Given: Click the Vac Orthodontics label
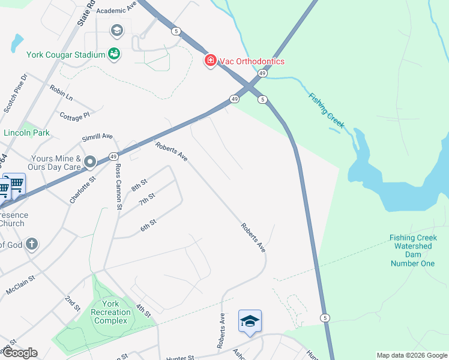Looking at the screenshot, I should (252, 61).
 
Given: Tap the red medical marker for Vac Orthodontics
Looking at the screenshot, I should (210, 61).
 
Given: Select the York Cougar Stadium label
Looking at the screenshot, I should (66, 55).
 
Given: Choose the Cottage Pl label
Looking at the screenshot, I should (74, 115).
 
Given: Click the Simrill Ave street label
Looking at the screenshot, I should (97, 137).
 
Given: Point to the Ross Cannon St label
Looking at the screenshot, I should (118, 186).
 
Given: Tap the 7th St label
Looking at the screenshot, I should (147, 199).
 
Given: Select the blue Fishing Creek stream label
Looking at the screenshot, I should (327, 111).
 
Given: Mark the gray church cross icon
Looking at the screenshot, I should (32, 244).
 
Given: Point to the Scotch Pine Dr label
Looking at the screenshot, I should (16, 93).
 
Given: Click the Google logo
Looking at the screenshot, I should (19, 353).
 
